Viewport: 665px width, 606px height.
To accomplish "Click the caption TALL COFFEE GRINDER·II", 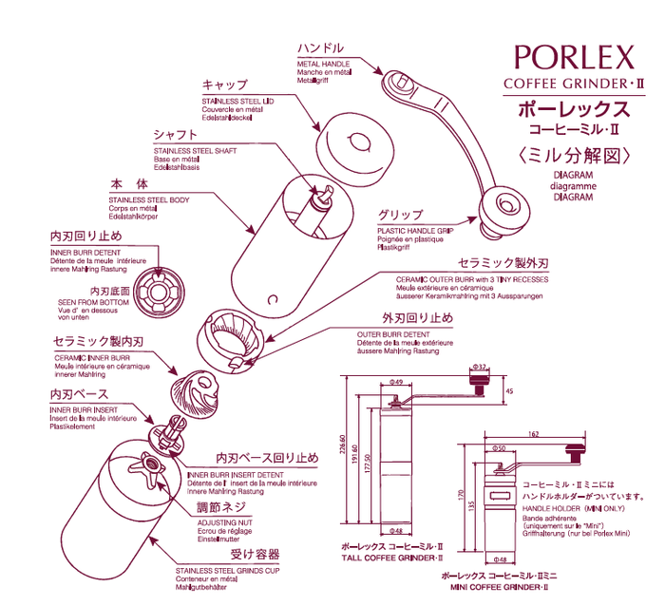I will point(389,559).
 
